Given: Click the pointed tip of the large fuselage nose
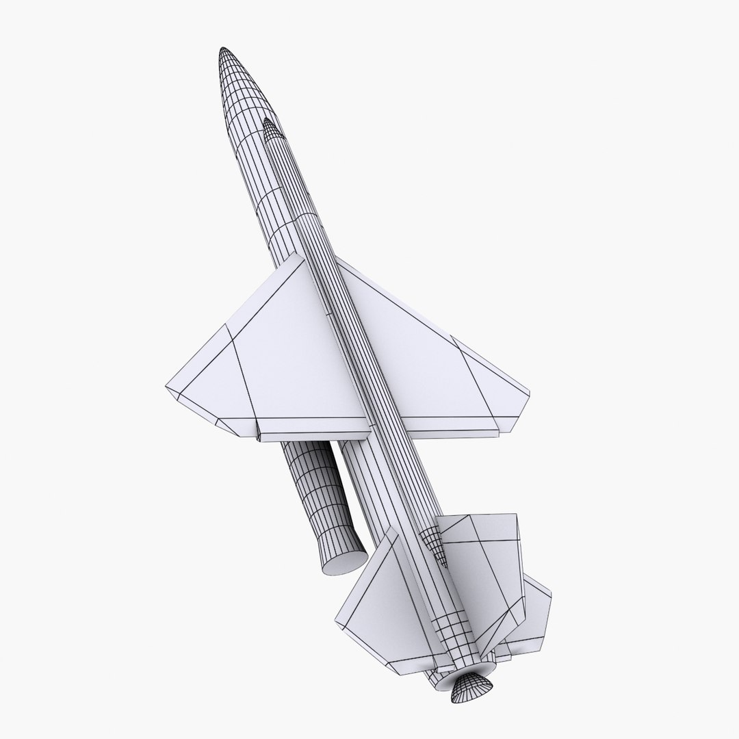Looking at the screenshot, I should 223,51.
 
